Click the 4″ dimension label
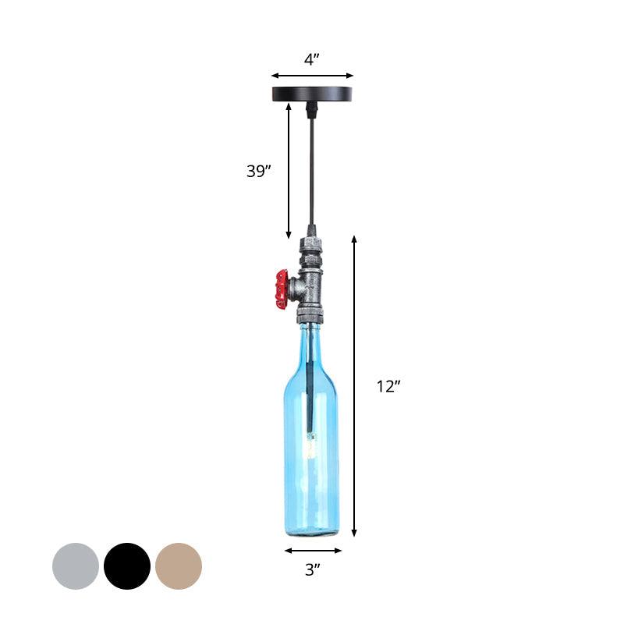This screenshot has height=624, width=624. click(x=312, y=60)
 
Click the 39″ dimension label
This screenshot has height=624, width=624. click(x=258, y=172)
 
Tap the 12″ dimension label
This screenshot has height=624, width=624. click(x=388, y=386)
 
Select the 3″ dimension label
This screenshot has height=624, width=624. click(x=312, y=570)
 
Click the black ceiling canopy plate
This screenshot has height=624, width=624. click(x=312, y=94)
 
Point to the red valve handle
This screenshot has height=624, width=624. click(x=282, y=289)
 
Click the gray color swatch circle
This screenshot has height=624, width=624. click(x=76, y=565)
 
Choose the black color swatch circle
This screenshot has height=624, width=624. click(x=127, y=565)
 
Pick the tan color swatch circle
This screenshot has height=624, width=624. click(x=179, y=565)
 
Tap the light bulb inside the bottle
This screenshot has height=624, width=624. click(x=310, y=448)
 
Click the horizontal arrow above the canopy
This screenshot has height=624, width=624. click(x=312, y=76)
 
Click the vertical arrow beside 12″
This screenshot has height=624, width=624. click(x=354, y=386)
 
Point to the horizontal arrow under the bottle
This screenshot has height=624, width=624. click(x=312, y=550)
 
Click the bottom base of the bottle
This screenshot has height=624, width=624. click(x=311, y=531)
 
